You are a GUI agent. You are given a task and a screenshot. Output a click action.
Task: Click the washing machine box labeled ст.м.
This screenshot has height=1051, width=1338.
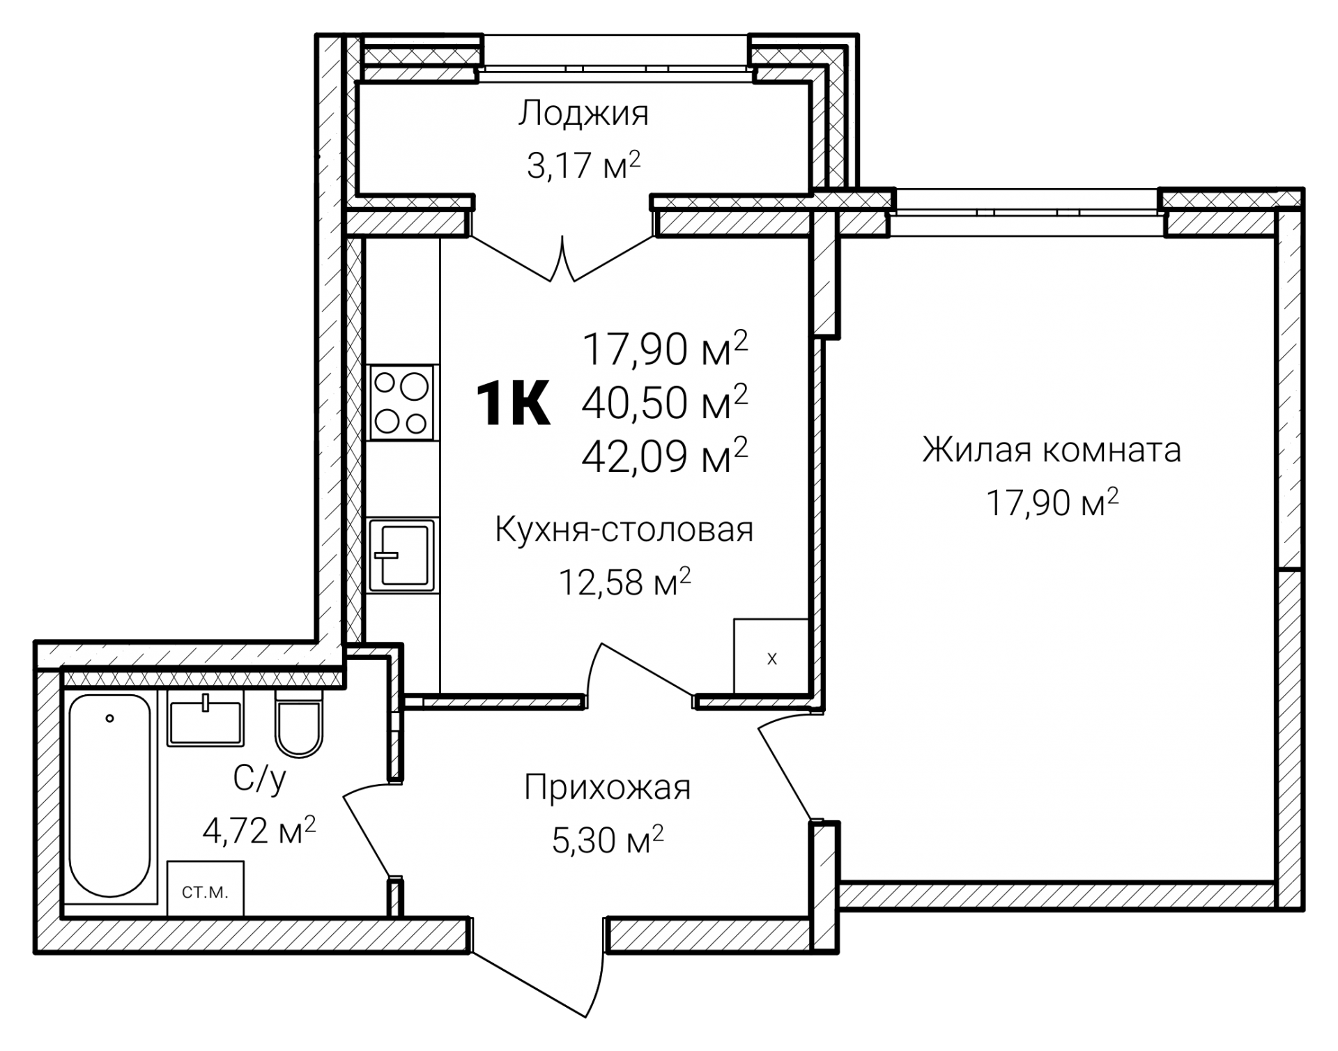[205, 889]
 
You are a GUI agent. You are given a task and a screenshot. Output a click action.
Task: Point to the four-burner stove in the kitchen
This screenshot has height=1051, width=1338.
[401, 403]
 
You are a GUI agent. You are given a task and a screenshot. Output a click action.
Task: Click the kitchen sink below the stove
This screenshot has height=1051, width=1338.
[401, 554]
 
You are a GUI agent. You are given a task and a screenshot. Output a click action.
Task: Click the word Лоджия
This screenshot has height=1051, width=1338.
[583, 114]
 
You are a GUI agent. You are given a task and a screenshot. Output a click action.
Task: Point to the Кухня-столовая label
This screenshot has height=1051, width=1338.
[624, 530]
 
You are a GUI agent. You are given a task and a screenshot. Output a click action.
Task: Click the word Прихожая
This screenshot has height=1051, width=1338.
[607, 788]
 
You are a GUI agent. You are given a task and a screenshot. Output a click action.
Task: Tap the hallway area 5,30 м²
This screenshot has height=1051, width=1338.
[607, 841]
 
